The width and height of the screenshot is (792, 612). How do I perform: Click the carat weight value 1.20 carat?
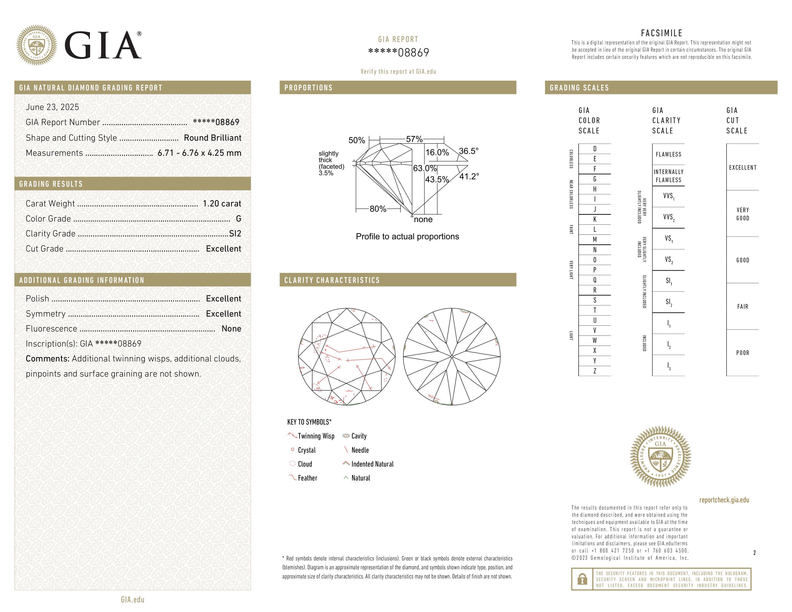[222, 203]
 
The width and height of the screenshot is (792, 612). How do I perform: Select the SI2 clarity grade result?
[235, 234]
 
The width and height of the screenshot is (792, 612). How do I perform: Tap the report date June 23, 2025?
[52, 107]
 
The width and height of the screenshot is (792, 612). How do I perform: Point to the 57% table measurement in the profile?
[414, 139]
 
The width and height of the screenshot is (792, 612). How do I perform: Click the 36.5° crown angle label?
[468, 151]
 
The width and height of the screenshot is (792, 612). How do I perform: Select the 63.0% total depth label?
[425, 168]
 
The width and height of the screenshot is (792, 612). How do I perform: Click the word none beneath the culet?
[423, 219]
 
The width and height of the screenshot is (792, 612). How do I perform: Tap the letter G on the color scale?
[594, 179]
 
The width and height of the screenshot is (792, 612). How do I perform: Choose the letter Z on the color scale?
[594, 371]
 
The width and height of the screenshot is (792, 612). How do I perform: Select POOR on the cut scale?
[742, 353]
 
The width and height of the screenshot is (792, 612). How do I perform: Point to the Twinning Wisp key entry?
[316, 436]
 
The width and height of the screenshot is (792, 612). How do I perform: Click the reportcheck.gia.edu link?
[724, 500]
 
